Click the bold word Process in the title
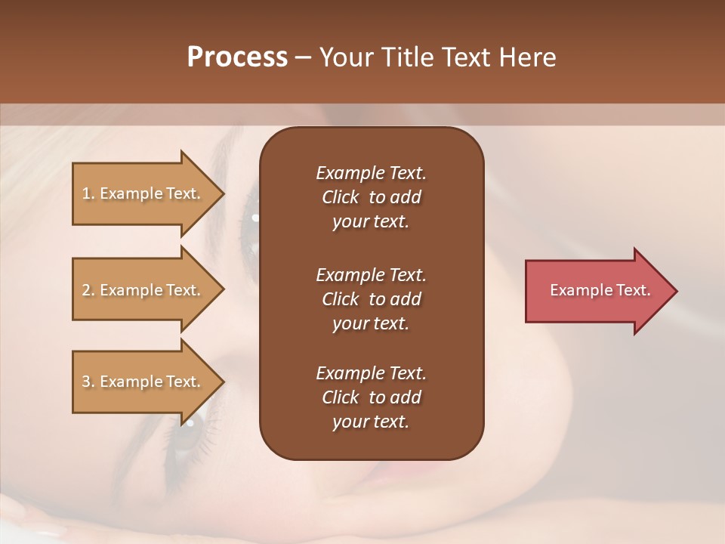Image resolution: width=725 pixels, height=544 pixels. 237,57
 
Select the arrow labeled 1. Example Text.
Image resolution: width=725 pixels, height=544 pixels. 143,193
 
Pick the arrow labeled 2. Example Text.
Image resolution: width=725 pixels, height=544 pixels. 143,290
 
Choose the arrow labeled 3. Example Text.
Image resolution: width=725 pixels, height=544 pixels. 143,382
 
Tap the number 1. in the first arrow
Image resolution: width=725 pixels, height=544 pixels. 88,194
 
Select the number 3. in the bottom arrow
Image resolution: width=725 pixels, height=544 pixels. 88,382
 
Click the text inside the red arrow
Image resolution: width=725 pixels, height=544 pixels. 600,290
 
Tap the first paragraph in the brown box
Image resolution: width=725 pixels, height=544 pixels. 371,197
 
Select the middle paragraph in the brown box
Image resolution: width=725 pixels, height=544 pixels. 371,298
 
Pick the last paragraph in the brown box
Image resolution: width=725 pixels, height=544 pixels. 371,397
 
